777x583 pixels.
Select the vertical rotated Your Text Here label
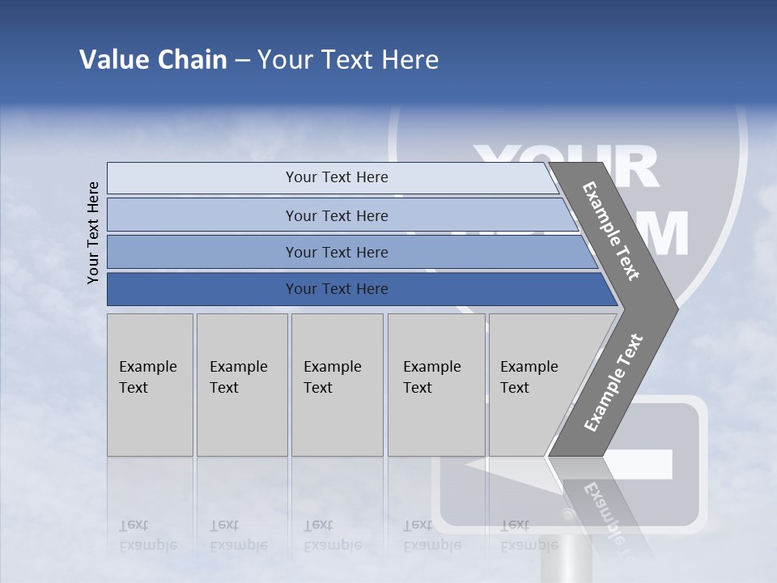(x=94, y=232)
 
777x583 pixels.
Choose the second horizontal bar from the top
(x=336, y=215)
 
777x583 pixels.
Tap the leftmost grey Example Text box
(x=150, y=385)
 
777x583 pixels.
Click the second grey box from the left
(x=242, y=385)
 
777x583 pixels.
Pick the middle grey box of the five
(x=337, y=385)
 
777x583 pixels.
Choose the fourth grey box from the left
(x=436, y=385)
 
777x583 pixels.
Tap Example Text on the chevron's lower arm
(x=614, y=382)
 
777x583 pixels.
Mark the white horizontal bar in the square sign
(x=639, y=464)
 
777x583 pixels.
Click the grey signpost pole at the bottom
(x=574, y=559)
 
